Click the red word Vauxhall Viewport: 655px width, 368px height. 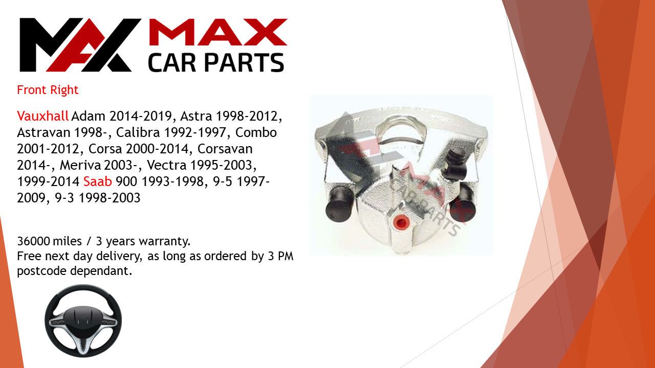[x=42, y=116]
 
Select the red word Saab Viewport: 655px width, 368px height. [x=98, y=181]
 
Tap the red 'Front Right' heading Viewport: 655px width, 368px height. [x=48, y=90]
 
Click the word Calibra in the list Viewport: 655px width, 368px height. [x=138, y=132]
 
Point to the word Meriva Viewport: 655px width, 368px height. [x=80, y=165]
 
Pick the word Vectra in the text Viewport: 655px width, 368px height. [x=167, y=165]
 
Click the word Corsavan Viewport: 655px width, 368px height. [x=225, y=149]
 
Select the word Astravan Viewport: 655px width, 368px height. [x=43, y=132]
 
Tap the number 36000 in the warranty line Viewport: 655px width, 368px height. [x=33, y=241]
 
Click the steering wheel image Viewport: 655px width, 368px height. [x=83, y=320]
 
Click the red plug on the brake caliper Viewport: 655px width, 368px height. [x=400, y=222]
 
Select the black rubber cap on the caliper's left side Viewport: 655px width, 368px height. [x=339, y=203]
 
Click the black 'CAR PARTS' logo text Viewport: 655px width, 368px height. [x=216, y=62]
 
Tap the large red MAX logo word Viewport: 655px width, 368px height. [x=218, y=32]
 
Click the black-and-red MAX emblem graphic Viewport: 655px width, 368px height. [x=79, y=44]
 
